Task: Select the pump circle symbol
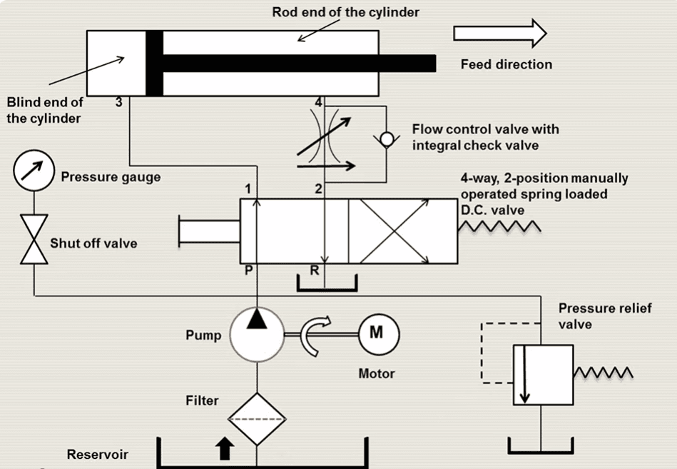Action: [257, 334]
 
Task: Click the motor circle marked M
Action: [378, 333]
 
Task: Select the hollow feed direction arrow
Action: [500, 34]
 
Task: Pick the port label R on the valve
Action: [315, 271]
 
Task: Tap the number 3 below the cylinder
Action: [118, 103]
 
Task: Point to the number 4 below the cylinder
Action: [318, 103]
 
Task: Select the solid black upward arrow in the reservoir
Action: [225, 448]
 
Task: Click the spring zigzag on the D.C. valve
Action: [499, 226]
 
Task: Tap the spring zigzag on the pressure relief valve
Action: [603, 373]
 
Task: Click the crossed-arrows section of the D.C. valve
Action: [395, 232]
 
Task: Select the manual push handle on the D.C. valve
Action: [209, 231]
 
